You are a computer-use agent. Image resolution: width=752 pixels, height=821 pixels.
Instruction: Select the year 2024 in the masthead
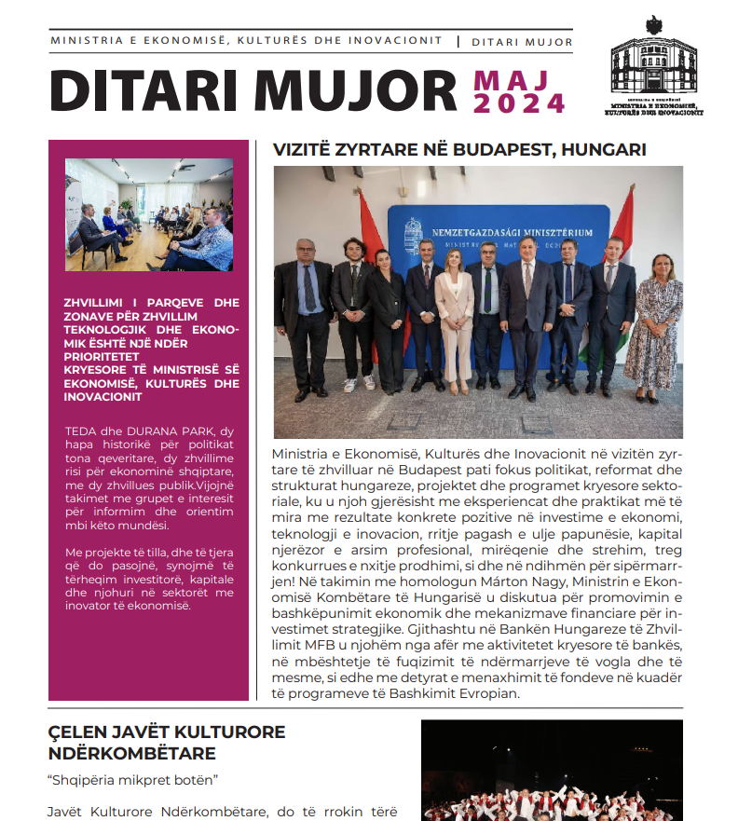(x=518, y=103)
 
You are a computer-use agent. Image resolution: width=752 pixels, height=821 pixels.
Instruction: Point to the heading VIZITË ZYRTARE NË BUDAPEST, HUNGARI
(x=459, y=149)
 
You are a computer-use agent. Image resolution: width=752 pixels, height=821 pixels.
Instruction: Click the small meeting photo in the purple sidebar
(x=149, y=214)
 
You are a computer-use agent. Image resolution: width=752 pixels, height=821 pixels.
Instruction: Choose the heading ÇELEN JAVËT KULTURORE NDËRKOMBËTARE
(x=166, y=742)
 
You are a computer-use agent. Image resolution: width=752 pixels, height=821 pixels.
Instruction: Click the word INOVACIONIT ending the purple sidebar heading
(x=103, y=396)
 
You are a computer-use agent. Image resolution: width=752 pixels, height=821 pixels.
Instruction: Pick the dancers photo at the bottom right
(x=552, y=770)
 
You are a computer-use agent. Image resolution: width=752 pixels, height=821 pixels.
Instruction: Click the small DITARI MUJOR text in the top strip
(x=522, y=41)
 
